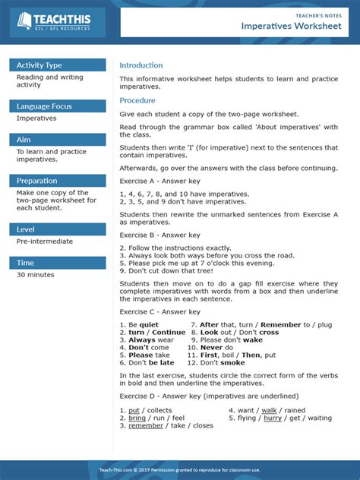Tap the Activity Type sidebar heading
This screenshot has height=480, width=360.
click(x=39, y=65)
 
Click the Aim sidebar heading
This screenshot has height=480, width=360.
click(x=24, y=140)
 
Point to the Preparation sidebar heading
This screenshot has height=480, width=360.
click(x=37, y=181)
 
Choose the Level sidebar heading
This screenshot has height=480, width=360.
click(x=27, y=229)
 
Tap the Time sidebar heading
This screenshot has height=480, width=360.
click(x=26, y=263)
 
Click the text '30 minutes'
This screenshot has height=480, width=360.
click(x=36, y=275)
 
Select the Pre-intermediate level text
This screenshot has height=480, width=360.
click(x=45, y=242)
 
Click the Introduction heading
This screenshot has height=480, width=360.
click(x=141, y=65)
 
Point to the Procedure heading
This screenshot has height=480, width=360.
click(x=137, y=100)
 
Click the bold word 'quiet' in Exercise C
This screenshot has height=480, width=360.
click(x=149, y=324)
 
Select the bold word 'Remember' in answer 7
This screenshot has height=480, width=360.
click(x=281, y=324)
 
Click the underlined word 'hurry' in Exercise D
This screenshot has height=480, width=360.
click(x=273, y=418)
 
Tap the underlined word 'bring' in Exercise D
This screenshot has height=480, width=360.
click(x=137, y=418)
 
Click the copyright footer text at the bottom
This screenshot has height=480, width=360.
click(x=179, y=470)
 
